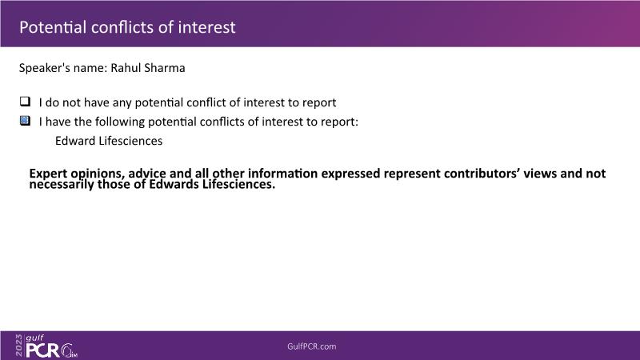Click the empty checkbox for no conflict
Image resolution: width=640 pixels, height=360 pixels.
[x=26, y=102]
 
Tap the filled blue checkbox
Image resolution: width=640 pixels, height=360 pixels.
[x=26, y=121]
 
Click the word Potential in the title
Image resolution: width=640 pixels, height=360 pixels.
[x=53, y=27]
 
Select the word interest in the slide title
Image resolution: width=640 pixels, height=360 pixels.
[x=207, y=27]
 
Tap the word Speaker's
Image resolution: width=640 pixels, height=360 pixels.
[x=44, y=68]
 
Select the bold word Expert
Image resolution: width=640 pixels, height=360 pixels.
[x=48, y=174]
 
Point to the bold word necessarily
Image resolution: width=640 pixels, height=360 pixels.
[x=62, y=185]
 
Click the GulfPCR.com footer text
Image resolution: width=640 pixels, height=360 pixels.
[x=312, y=346]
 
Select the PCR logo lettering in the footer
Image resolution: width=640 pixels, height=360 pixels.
[x=43, y=350]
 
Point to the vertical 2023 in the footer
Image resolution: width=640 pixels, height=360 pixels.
[x=19, y=346]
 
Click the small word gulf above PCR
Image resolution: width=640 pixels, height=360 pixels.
[x=34, y=338]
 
